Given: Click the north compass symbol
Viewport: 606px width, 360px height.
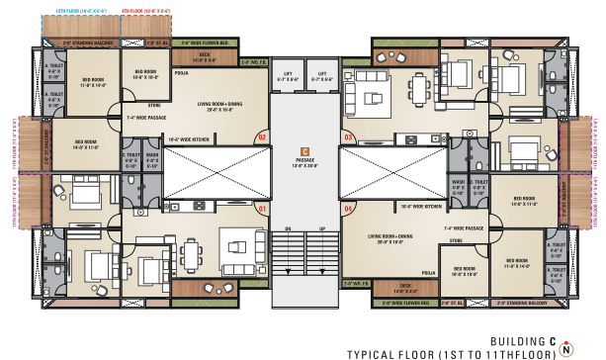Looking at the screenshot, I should click(x=565, y=347).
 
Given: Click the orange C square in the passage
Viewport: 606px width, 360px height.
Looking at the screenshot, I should click(x=304, y=150).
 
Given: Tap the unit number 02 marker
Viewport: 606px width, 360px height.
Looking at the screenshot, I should click(x=261, y=136).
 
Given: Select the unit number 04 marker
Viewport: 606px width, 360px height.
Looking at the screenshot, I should click(x=348, y=209).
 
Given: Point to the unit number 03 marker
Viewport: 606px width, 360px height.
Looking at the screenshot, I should click(x=348, y=136).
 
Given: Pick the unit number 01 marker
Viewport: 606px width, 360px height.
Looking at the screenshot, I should click(x=261, y=209).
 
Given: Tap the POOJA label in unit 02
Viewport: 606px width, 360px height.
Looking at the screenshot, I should click(x=180, y=73).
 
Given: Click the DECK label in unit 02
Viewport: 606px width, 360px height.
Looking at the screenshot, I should click(x=205, y=55).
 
